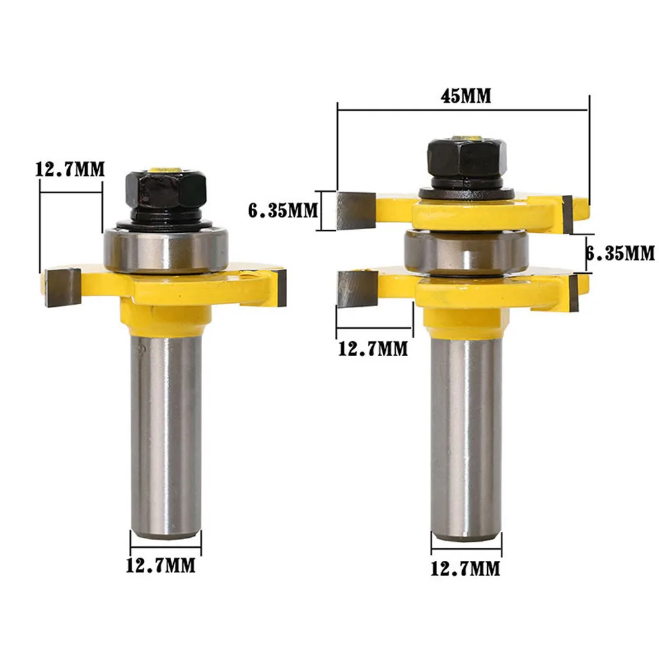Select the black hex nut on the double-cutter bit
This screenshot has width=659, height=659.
[x=468, y=158]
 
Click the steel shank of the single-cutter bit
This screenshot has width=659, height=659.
[x=166, y=428]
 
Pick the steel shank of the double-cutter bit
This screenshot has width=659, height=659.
[x=466, y=435]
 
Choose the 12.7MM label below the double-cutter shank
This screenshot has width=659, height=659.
[x=465, y=567]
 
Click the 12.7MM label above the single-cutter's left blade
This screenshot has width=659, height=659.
[x=70, y=169]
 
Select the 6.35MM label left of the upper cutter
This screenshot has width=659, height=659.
[x=282, y=211]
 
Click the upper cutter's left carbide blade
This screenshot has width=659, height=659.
[x=356, y=210]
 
